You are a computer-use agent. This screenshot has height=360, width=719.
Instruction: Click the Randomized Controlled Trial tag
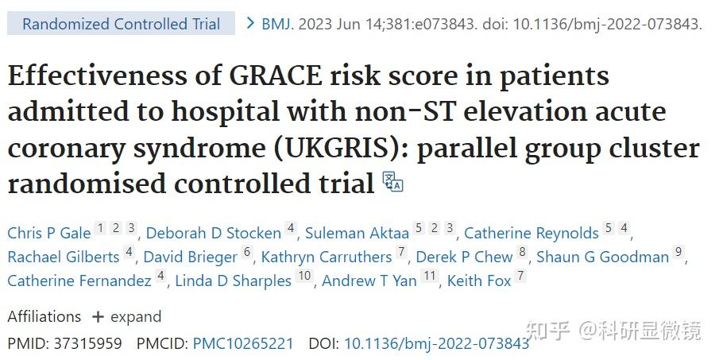[121, 24]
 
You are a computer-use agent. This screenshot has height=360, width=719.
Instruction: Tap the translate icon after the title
[393, 181]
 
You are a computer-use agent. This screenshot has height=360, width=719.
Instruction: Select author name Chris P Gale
[49, 233]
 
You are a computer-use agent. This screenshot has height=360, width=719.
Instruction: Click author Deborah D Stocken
[213, 233]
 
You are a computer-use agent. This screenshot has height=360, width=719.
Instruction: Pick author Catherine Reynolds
[531, 233]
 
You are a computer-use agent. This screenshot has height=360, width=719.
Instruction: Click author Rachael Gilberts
[63, 257]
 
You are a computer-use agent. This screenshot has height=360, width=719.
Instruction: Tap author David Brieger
[191, 257]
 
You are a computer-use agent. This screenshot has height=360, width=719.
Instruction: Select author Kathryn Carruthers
[327, 257]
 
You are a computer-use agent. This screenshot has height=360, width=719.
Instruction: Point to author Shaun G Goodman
[602, 257]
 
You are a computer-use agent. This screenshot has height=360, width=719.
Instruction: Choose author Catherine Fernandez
[79, 281]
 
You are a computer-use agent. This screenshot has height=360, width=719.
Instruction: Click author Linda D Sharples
[233, 281]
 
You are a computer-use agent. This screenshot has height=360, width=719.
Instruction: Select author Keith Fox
[479, 281]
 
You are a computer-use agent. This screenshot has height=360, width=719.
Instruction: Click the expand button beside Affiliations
[127, 316]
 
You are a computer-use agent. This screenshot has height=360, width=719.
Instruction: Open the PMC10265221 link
[242, 344]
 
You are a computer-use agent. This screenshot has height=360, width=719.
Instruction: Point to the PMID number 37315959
[87, 344]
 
